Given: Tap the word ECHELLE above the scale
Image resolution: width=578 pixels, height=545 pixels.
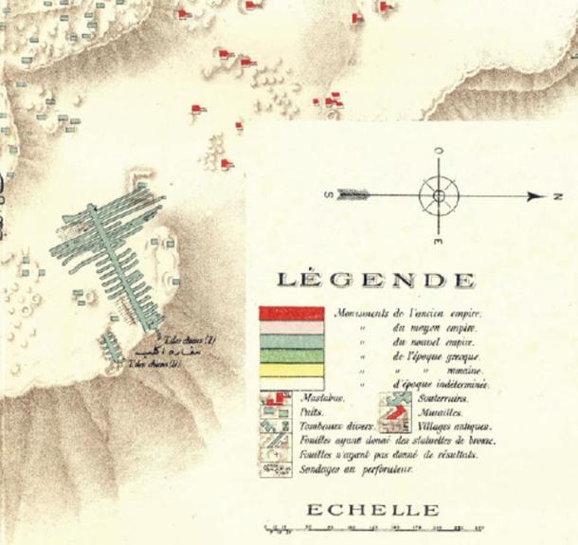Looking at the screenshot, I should click(x=372, y=511).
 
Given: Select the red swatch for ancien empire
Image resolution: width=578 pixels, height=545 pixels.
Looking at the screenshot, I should click(x=292, y=314).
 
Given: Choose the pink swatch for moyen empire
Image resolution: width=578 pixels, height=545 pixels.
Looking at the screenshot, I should click(x=292, y=328).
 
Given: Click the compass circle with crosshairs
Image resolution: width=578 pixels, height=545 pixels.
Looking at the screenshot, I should click(x=438, y=196).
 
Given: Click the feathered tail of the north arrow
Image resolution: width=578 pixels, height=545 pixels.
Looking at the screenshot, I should click(x=353, y=196).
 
